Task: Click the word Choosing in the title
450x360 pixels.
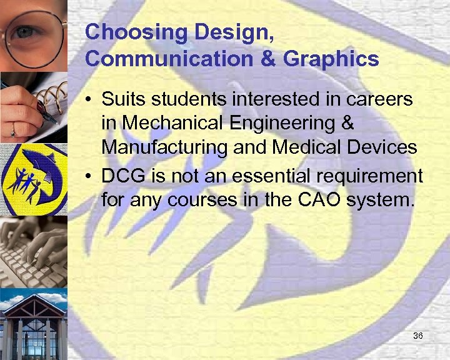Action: (x=122, y=32)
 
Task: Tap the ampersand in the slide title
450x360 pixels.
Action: (x=267, y=59)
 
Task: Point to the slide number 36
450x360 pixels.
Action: (x=418, y=337)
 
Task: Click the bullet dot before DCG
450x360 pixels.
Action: (x=91, y=177)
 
